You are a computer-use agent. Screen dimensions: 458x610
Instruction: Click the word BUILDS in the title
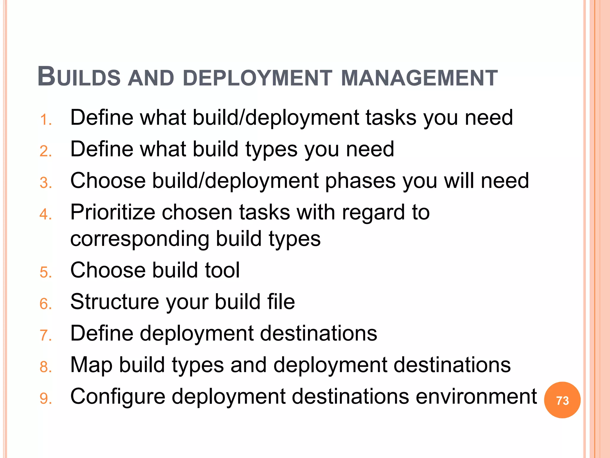(x=79, y=77)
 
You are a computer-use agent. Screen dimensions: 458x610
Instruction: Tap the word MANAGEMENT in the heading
(x=419, y=78)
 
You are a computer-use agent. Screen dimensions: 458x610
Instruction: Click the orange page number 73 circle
(x=562, y=400)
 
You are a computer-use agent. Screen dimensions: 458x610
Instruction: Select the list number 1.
(x=45, y=120)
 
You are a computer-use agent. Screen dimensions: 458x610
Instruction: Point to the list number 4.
(x=45, y=214)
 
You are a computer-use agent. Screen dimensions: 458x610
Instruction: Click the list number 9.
(x=45, y=399)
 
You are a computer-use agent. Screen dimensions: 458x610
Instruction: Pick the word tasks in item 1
(x=391, y=117)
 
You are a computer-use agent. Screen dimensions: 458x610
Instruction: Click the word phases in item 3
(x=360, y=181)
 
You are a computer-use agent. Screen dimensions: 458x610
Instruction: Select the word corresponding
(x=140, y=239)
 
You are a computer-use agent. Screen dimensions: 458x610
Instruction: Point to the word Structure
(x=115, y=302)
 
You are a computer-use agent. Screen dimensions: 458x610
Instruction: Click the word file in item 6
(x=281, y=301)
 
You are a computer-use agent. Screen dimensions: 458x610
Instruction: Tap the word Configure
(x=118, y=397)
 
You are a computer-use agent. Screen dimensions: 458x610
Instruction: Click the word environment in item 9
(x=476, y=396)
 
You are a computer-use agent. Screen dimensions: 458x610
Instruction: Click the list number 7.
(x=45, y=335)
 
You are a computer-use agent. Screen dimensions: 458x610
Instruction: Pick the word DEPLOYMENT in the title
(x=257, y=78)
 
